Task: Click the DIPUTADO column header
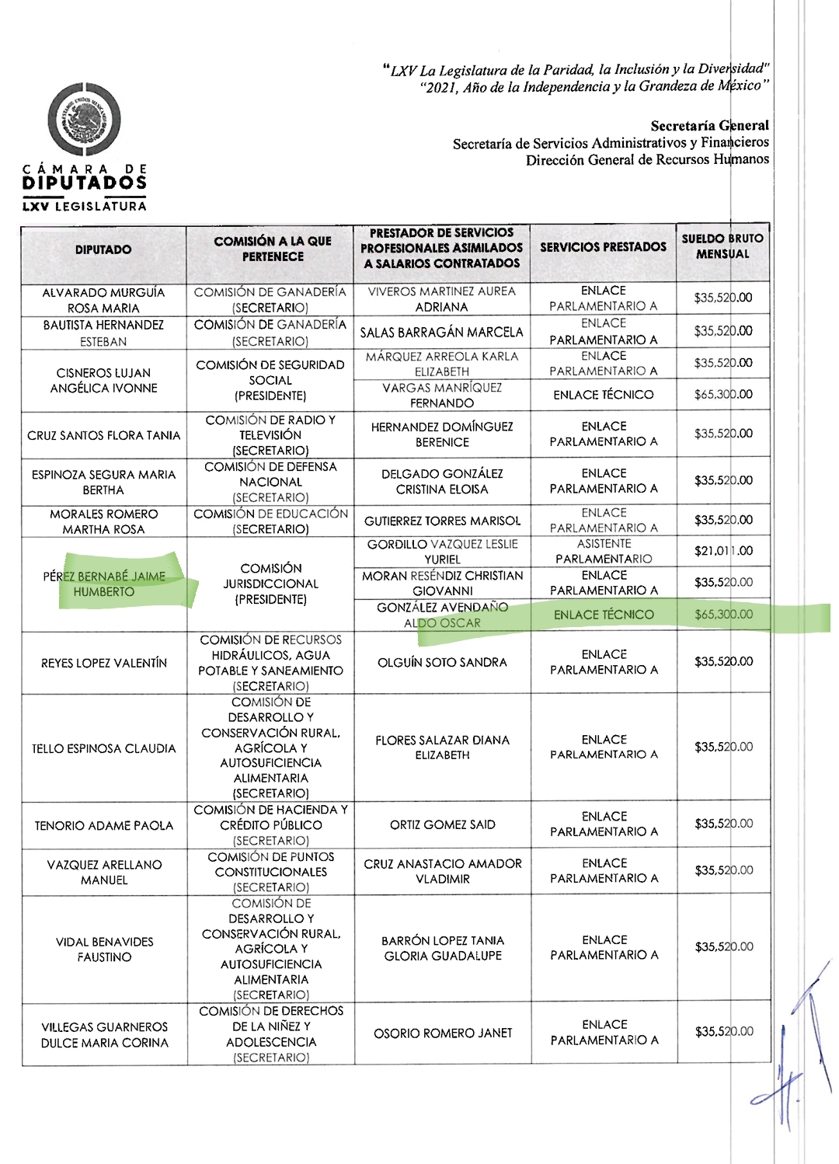[103, 250]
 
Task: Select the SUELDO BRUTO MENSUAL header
[722, 246]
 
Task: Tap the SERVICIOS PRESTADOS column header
[603, 247]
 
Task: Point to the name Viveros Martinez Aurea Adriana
[441, 299]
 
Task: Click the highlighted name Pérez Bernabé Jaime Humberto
[104, 584]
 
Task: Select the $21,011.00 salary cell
[723, 551]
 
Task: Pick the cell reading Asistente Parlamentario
[604, 551]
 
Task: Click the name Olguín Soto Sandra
[442, 662]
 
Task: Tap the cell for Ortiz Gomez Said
[442, 824]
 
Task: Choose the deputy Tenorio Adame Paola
[104, 825]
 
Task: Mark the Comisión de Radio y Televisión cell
[270, 435]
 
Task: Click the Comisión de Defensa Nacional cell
[270, 482]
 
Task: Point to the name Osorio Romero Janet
[443, 1033]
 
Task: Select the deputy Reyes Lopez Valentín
[104, 663]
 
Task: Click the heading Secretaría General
[709, 126]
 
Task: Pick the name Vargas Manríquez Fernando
[441, 395]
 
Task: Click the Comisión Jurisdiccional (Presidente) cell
[270, 584]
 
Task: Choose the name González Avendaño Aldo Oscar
[442, 615]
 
